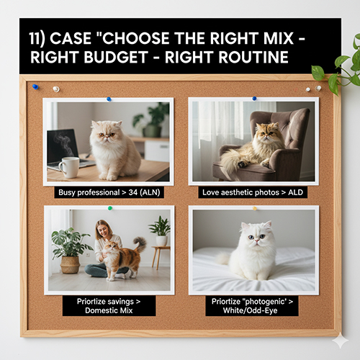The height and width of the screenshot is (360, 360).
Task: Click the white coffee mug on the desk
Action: tap(69, 167)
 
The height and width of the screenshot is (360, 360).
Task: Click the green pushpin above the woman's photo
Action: tap(110, 208)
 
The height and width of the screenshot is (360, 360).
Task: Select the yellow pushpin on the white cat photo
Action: tap(255, 208)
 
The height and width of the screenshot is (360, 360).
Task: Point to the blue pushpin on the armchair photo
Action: tap(254, 98)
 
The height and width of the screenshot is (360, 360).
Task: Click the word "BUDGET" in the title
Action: tap(116, 58)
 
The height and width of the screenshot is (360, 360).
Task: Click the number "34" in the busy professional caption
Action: tap(133, 192)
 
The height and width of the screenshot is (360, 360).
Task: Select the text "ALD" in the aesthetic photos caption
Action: tap(295, 192)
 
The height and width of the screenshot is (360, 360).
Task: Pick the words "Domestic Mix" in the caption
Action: tap(109, 310)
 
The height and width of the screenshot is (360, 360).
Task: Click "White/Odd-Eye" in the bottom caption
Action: tap(250, 310)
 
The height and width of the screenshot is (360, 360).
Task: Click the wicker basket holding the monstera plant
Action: tap(70, 265)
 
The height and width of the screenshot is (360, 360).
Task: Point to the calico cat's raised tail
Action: tap(140, 244)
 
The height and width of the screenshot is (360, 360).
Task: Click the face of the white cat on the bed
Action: tap(256, 238)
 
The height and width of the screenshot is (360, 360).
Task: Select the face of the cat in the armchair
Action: tap(267, 134)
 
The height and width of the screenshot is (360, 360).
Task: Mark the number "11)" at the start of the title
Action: tap(37, 38)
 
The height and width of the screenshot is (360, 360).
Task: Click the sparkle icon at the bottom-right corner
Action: tap(340, 340)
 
